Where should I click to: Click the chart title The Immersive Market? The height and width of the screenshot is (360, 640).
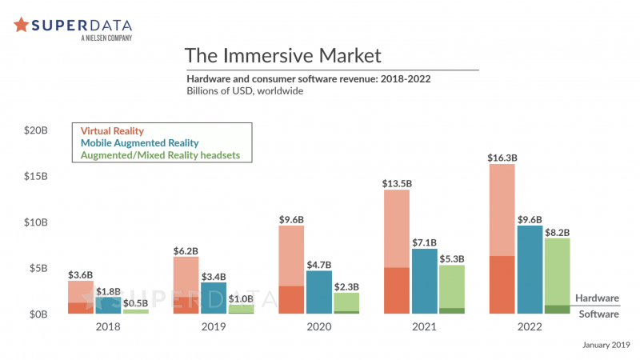[x=283, y=55]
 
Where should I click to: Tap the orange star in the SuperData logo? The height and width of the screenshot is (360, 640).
[x=22, y=24]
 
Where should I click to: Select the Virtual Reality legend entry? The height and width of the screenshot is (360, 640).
[x=112, y=130]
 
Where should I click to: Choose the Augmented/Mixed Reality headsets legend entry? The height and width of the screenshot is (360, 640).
[x=160, y=154]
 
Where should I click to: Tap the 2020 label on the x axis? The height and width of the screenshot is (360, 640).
[x=318, y=327]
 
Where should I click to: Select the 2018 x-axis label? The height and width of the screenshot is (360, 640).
[x=107, y=327]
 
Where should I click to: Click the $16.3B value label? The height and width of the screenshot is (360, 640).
[x=502, y=158]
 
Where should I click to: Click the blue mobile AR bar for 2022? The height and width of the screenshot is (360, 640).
[x=530, y=270]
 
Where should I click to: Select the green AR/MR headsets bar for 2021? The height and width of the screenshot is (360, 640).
[x=452, y=288]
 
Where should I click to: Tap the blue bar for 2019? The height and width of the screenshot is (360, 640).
[x=214, y=298]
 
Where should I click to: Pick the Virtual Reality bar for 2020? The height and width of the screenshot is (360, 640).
[x=291, y=270]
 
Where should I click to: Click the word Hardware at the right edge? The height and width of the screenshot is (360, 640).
[x=597, y=298]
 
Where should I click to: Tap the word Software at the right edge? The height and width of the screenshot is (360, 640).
[x=598, y=314]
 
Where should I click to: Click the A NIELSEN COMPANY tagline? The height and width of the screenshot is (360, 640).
[x=106, y=38]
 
